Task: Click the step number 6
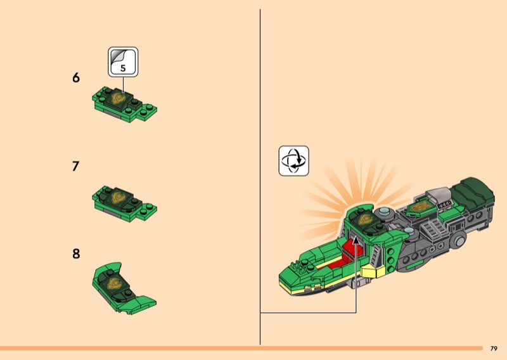(76, 77)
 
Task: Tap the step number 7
(75, 166)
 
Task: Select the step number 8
(76, 254)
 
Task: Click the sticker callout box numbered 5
(123, 61)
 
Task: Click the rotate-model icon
(293, 161)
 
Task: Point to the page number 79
(494, 349)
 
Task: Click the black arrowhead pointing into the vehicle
(356, 240)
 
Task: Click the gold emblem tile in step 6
(118, 98)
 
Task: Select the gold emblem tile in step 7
(118, 197)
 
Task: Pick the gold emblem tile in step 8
(114, 283)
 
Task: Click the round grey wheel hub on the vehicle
(459, 241)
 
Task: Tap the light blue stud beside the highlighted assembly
(384, 212)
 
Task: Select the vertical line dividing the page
(260, 177)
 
